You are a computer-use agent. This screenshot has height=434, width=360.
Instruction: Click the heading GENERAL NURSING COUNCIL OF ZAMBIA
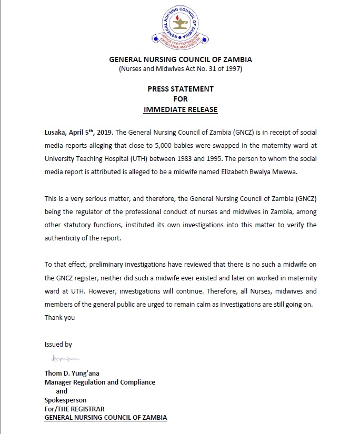180,60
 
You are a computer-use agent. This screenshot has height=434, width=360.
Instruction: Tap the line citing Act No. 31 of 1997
180,69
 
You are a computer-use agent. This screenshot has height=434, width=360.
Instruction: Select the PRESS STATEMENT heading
180,89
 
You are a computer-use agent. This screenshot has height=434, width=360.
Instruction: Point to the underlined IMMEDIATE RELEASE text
180,109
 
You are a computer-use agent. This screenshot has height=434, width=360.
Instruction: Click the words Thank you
59,317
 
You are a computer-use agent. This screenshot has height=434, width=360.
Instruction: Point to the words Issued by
58,345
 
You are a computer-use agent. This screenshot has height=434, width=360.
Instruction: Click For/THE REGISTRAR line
75,409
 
